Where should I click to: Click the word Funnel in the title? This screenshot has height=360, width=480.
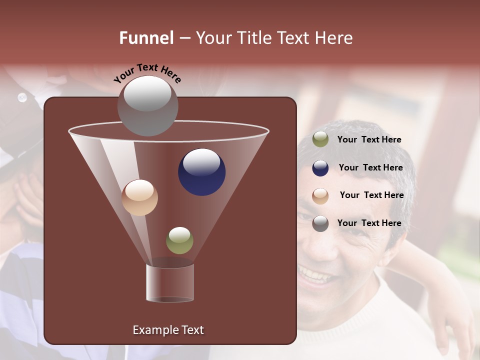tap(146, 38)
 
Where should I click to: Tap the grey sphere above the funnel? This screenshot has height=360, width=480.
tap(147, 105)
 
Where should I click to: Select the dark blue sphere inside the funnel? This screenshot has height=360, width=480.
tap(201, 171)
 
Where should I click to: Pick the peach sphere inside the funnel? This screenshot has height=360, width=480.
tap(139, 197)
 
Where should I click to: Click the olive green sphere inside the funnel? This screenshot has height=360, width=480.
tap(179, 240)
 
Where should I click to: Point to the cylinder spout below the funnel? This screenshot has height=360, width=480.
tap(170, 282)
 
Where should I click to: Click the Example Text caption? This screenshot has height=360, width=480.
tap(168, 330)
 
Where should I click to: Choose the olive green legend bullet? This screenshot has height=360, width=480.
tap(320, 139)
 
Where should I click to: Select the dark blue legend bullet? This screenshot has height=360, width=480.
tap(320, 168)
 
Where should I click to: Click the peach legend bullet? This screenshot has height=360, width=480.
tap(320, 195)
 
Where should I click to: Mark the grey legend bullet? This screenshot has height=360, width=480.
tap(320, 223)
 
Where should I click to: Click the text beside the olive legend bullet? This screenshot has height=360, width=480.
tap(369, 139)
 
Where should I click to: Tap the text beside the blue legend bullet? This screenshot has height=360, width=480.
tap(370, 167)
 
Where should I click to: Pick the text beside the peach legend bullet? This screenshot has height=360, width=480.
tap(371, 195)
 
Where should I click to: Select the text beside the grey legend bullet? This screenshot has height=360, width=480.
tap(369, 223)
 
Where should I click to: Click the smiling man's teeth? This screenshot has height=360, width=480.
tap(314, 274)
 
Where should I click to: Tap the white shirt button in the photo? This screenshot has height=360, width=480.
tap(22, 97)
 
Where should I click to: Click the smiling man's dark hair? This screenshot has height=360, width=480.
tap(360, 132)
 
